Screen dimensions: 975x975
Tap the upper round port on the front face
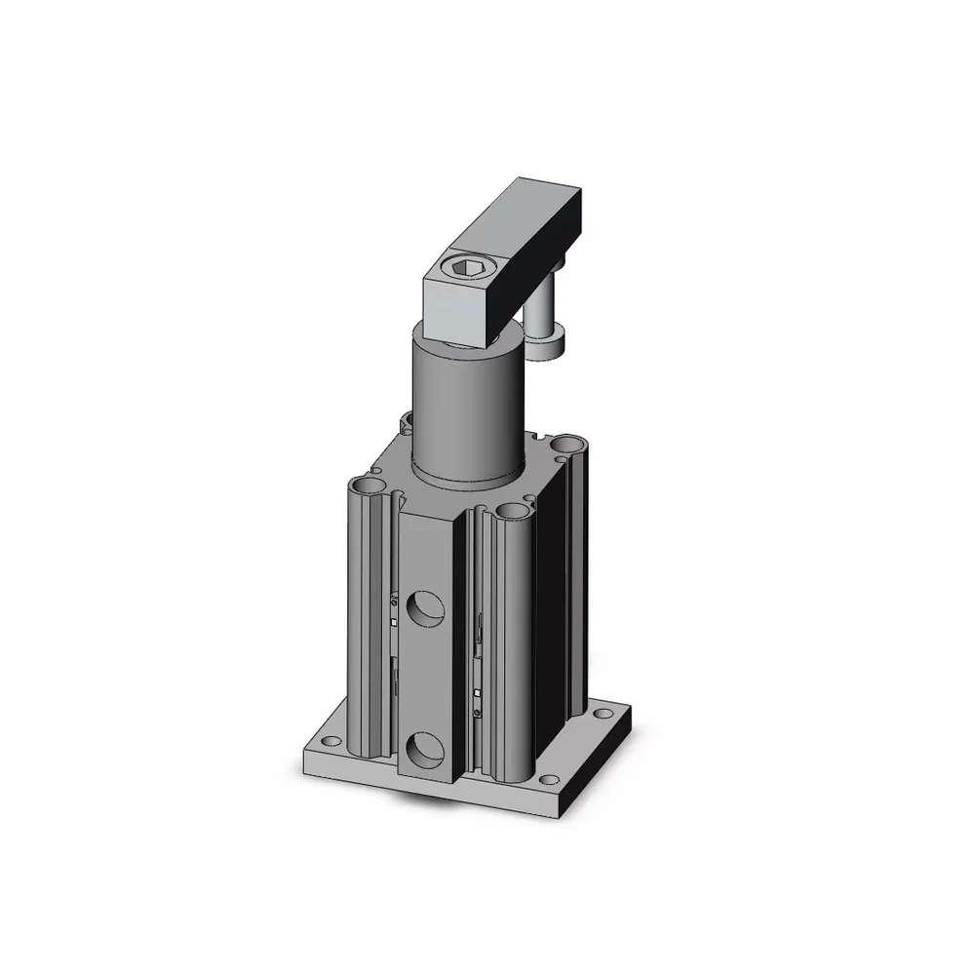[x=425, y=609]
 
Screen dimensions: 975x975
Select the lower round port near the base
[x=425, y=751]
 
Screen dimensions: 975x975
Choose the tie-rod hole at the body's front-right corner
[x=509, y=511]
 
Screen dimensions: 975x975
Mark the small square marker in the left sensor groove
[x=392, y=622]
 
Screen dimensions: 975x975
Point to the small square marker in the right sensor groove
[x=477, y=693]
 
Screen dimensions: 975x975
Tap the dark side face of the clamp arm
[x=546, y=244]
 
